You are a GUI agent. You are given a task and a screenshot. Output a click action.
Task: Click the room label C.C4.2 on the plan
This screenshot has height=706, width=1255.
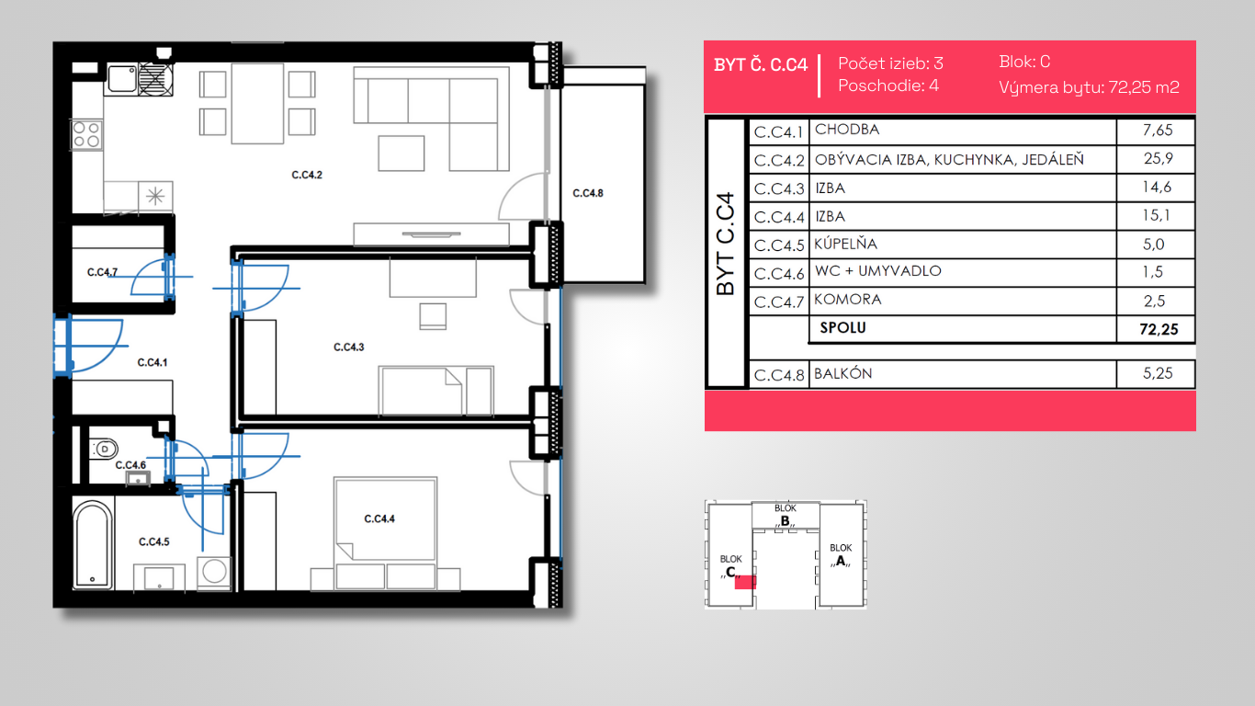point(307,175)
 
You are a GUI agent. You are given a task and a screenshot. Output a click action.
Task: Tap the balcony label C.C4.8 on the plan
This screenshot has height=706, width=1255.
point(588,193)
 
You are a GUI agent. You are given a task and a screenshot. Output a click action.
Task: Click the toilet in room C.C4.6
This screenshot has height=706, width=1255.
point(104,449)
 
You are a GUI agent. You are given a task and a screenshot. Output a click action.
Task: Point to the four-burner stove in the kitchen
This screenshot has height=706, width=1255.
point(86,134)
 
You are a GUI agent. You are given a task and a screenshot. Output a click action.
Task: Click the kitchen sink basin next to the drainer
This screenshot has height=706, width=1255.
point(122,78)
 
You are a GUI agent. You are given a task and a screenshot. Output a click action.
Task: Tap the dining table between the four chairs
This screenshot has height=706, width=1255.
point(257,104)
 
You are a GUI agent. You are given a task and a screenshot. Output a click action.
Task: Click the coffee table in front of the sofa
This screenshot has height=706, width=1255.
point(401,154)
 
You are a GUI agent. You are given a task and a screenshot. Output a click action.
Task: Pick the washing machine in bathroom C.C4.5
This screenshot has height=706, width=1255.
point(214,573)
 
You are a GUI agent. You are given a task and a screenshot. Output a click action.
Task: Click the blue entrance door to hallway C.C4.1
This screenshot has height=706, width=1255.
point(88,346)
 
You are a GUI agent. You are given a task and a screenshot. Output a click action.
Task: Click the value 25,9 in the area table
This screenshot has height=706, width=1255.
point(1159,159)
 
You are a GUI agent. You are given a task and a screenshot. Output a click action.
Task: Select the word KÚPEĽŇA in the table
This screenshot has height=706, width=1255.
point(845,244)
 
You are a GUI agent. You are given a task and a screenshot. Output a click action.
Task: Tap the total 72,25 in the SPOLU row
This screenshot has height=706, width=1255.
point(1159,329)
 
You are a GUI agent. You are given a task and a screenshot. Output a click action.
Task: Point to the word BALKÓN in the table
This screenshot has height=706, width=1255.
point(842,373)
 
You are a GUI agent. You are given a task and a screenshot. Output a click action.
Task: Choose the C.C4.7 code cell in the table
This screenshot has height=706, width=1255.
point(779,302)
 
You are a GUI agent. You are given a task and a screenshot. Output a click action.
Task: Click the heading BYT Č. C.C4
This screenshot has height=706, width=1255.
point(761,65)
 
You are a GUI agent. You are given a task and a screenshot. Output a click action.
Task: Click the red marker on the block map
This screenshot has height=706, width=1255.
point(745,582)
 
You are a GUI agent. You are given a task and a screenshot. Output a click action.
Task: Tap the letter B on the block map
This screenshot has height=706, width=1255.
point(785,521)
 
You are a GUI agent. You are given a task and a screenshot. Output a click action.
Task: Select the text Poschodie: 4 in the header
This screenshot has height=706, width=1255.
point(888,85)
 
